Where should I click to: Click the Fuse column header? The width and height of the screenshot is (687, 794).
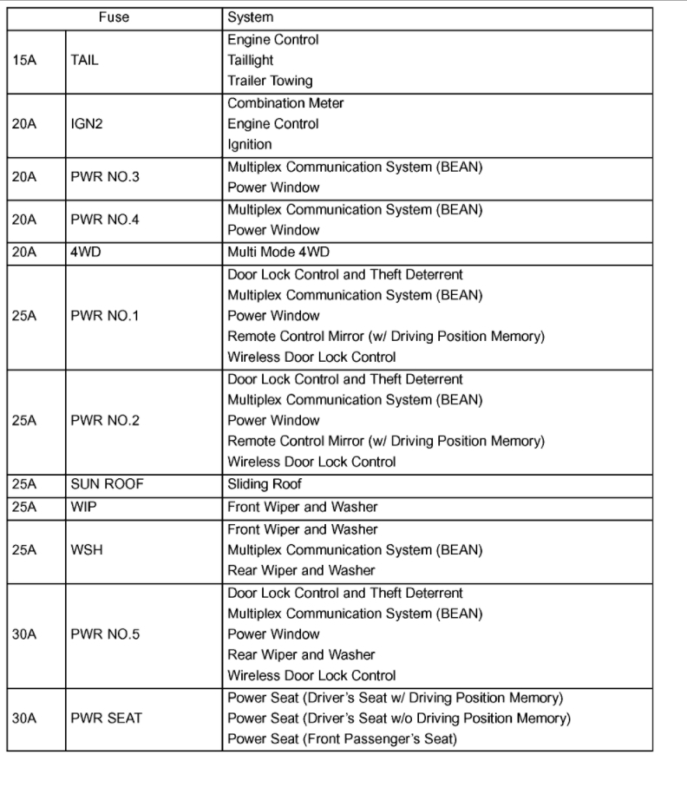pyautogui.click(x=114, y=17)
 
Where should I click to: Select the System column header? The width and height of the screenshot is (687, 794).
pyautogui.click(x=250, y=17)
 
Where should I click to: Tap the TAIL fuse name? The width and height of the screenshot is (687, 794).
pyautogui.click(x=85, y=61)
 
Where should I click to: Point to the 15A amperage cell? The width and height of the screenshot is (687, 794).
pyautogui.click(x=24, y=61)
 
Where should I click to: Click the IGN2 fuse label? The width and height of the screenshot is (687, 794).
pyautogui.click(x=87, y=124)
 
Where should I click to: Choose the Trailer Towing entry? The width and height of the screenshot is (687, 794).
pyautogui.click(x=270, y=81)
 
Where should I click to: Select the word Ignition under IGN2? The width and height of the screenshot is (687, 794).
pyautogui.click(x=250, y=145)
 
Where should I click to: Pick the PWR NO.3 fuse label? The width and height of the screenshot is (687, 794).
pyautogui.click(x=106, y=177)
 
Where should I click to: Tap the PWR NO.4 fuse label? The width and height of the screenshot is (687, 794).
pyautogui.click(x=106, y=220)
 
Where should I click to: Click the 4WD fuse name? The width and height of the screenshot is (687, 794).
pyautogui.click(x=87, y=252)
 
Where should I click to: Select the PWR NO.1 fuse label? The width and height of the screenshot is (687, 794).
pyautogui.click(x=106, y=316)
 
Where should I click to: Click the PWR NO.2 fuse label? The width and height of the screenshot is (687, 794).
pyautogui.click(x=106, y=421)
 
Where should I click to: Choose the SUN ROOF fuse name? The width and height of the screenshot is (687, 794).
pyautogui.click(x=107, y=484)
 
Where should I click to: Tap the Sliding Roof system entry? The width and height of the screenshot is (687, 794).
pyautogui.click(x=265, y=484)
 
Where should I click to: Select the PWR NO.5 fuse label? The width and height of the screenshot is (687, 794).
pyautogui.click(x=106, y=634)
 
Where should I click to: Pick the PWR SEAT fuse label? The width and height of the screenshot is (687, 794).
pyautogui.click(x=106, y=719)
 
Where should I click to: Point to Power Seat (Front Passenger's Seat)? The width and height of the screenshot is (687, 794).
pyautogui.click(x=342, y=739)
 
